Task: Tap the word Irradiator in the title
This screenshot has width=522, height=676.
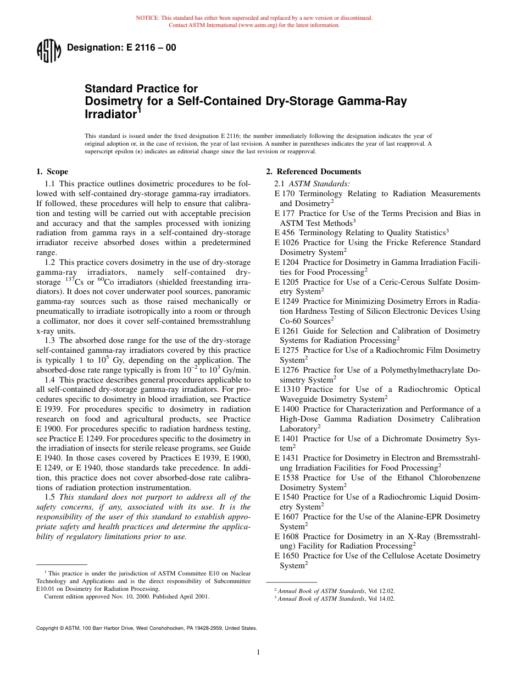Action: click(109, 114)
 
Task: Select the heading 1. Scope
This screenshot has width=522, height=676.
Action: click(52, 171)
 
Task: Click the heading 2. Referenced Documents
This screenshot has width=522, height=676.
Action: click(313, 171)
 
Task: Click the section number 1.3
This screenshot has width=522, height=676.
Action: click(49, 341)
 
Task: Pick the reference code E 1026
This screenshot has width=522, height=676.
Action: click(287, 242)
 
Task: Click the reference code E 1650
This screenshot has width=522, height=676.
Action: click(287, 556)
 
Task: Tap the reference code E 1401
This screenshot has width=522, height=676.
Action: click(287, 439)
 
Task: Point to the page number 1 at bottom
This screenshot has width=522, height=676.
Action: click(258, 652)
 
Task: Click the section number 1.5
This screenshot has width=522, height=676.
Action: click(49, 497)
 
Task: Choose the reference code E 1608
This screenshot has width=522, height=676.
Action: click(287, 536)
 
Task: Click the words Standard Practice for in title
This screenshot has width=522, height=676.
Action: click(141, 88)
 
